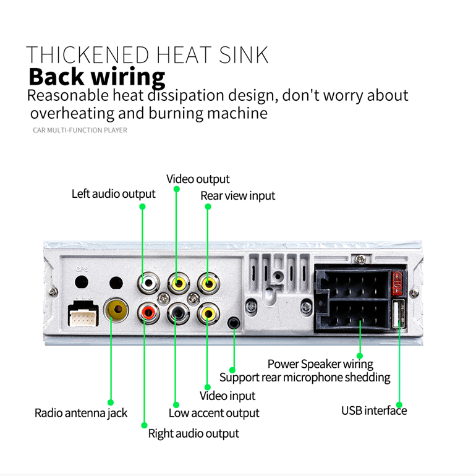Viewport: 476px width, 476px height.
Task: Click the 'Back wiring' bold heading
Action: coord(97,77)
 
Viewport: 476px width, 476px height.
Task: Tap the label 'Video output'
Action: coord(198,179)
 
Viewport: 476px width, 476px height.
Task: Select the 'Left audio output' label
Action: coord(113,194)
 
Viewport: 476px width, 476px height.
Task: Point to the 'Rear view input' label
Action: coord(238,196)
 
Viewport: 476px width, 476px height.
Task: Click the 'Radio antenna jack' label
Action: coord(81,413)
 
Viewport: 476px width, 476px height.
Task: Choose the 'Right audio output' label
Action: coord(193,433)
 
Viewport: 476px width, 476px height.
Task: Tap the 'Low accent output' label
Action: coord(214,413)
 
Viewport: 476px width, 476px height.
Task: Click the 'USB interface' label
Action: coord(374,410)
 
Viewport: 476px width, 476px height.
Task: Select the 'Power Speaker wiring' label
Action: coord(321,364)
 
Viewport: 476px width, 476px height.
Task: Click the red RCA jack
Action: coord(148,312)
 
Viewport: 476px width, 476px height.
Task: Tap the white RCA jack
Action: coord(148,283)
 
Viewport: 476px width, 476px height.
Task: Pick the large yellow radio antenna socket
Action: coord(116,310)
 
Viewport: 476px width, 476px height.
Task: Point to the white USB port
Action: coord(399,313)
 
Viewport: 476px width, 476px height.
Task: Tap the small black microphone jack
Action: coord(234,323)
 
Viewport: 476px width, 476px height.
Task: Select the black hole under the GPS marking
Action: coord(82,282)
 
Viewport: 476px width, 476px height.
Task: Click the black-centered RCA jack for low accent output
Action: coord(178,313)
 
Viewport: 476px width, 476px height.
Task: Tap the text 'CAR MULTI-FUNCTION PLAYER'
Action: coord(80,130)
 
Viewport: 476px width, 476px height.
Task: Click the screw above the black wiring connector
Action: coord(360,259)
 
